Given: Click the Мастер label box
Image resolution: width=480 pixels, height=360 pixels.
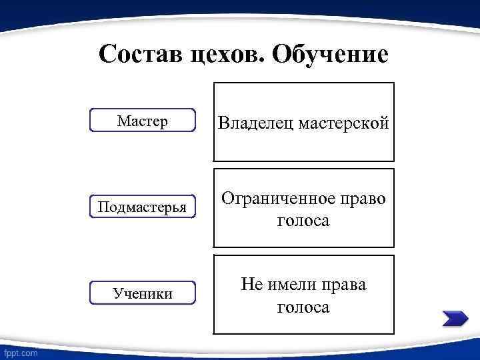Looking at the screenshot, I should [142, 121].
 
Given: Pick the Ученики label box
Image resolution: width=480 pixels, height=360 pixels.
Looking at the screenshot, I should [142, 293].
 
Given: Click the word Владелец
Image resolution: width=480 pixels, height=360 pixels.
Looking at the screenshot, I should [257, 123].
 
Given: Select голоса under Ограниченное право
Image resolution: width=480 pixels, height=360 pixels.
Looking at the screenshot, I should [303, 221].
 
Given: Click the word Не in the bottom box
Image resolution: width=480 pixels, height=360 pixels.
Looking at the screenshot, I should [253, 285].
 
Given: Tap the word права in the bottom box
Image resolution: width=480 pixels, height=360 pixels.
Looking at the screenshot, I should [344, 285].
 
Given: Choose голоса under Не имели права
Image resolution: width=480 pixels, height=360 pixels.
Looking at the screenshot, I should [303, 307].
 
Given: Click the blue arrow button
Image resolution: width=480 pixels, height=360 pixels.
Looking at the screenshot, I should [455, 319].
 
